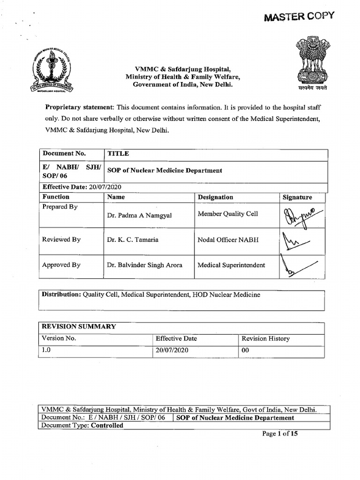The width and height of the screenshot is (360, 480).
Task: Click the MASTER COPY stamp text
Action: coord(299,16)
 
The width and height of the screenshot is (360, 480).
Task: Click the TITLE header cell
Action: coord(118,153)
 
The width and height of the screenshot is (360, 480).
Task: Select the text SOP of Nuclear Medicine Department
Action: coord(165,171)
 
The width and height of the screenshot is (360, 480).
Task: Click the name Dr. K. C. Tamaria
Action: coord(133,240)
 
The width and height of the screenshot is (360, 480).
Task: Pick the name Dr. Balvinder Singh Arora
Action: coord(144,265)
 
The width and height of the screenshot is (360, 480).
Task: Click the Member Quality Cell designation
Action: coord(228,214)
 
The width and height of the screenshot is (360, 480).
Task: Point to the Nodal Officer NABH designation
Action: coord(228,240)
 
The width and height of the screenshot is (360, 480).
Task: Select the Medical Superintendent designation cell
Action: coord(232,265)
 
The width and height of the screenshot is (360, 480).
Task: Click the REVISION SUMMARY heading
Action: coord(79,327)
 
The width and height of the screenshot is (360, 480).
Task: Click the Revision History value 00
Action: coord(246,351)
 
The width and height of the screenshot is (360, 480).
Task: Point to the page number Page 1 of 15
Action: coord(280,434)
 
